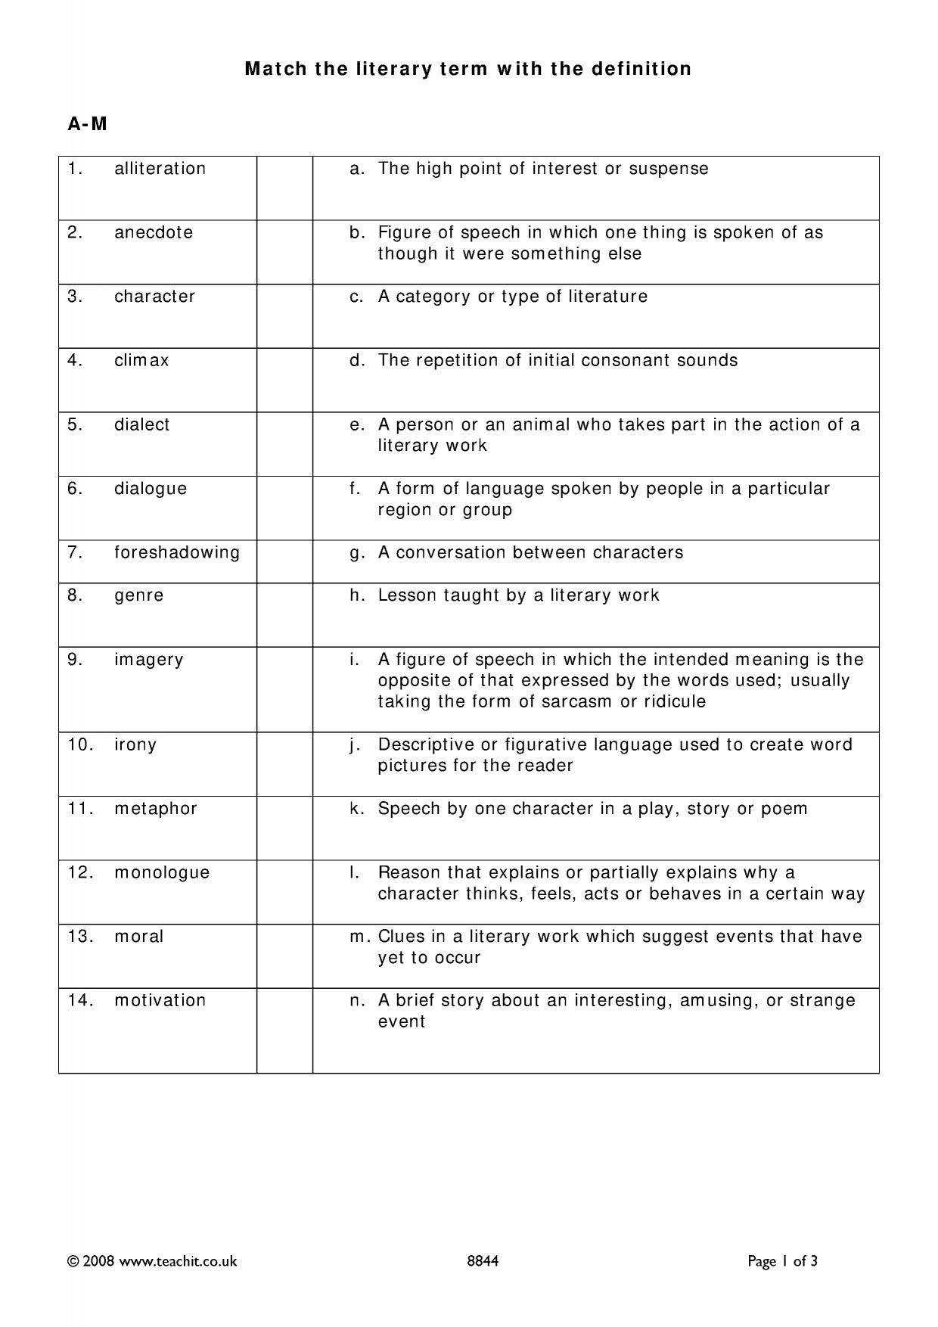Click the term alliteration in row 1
click(160, 169)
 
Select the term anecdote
click(154, 232)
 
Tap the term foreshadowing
click(177, 552)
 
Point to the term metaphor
click(156, 809)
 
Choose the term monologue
click(162, 872)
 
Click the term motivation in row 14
click(160, 1000)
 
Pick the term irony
click(135, 744)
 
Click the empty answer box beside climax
click(284, 380)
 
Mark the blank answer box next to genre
click(284, 614)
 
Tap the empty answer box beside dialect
click(284, 444)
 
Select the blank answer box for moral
click(284, 956)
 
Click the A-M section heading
click(88, 125)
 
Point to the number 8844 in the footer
click(483, 1261)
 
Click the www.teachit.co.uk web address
click(178, 1261)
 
